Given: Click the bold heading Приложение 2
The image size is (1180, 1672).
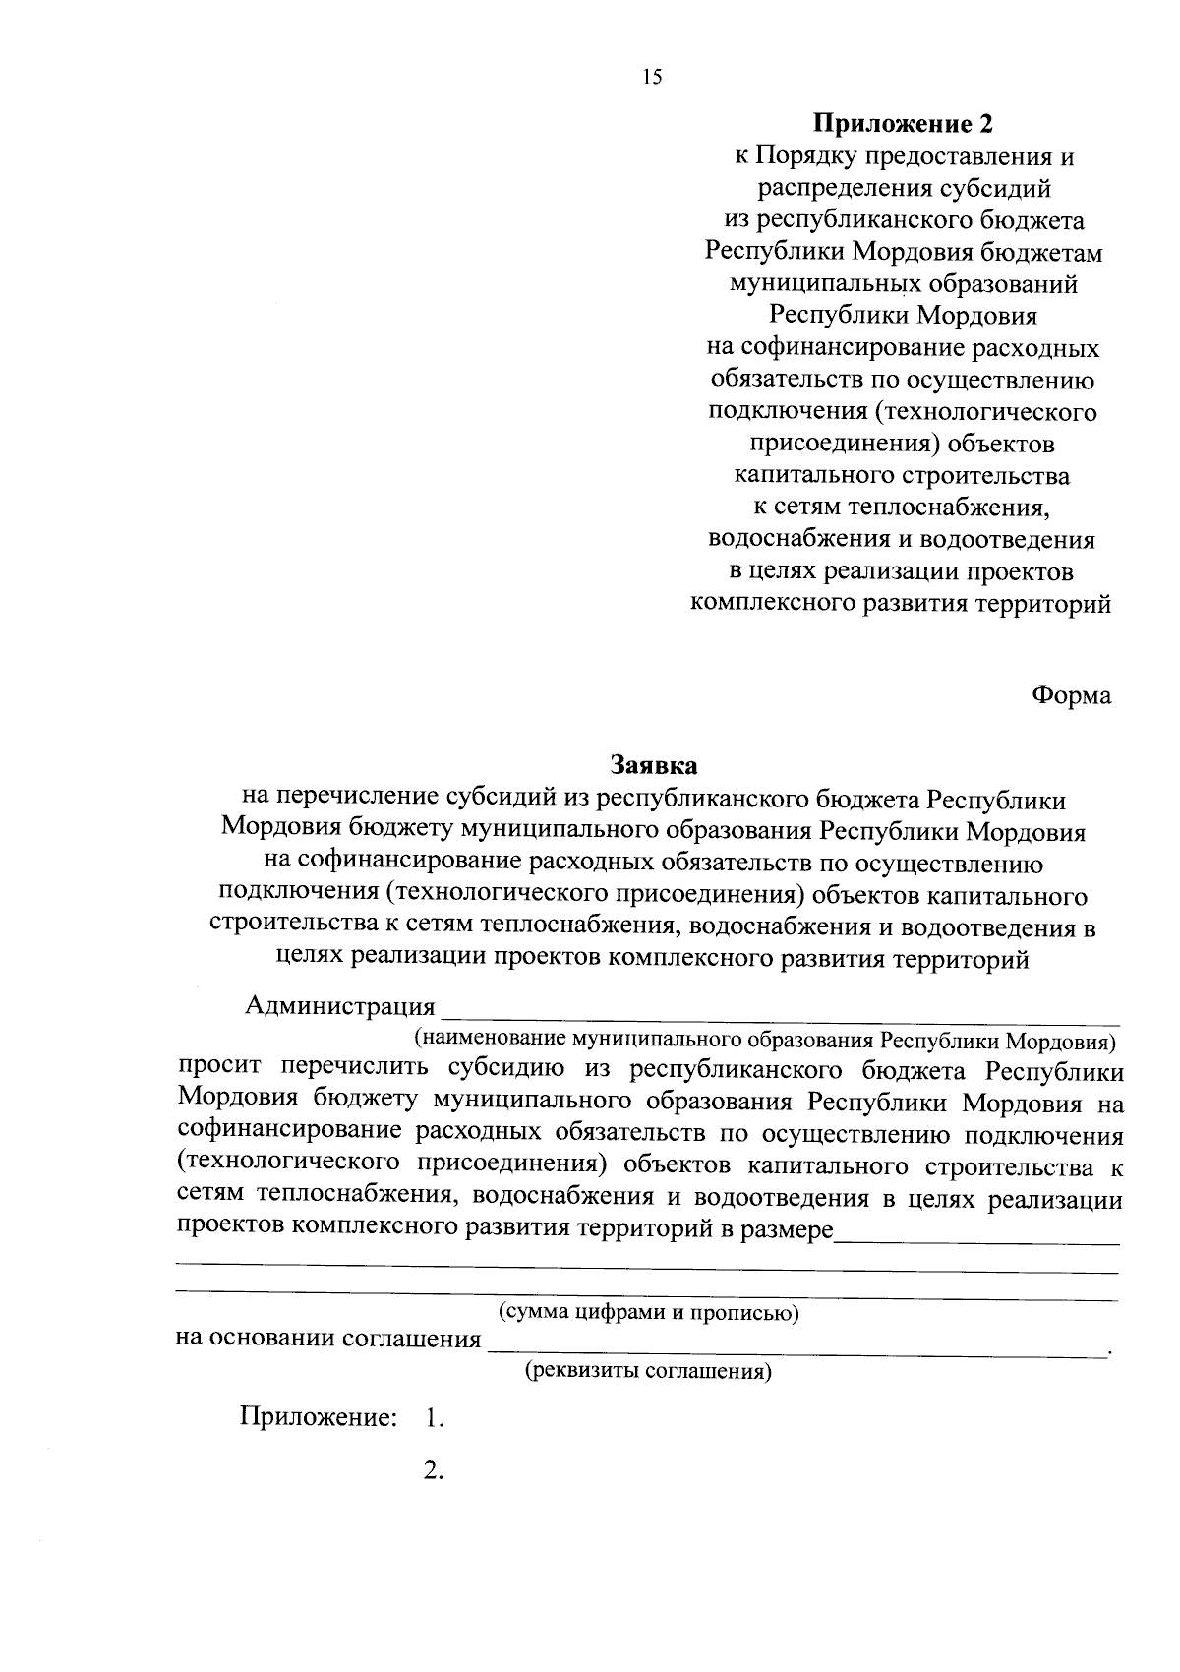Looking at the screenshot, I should [902, 124].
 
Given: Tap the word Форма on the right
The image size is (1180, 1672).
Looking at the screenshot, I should [1071, 695].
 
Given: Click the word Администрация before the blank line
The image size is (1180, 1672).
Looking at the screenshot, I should [339, 1006].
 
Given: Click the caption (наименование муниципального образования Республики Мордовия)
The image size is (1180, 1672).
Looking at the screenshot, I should [764, 1040].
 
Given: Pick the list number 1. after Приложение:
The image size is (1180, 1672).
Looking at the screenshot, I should [435, 1418].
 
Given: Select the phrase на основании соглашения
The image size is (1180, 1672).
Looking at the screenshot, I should [328, 1340].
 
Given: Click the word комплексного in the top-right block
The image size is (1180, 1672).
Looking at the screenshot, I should [772, 604].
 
